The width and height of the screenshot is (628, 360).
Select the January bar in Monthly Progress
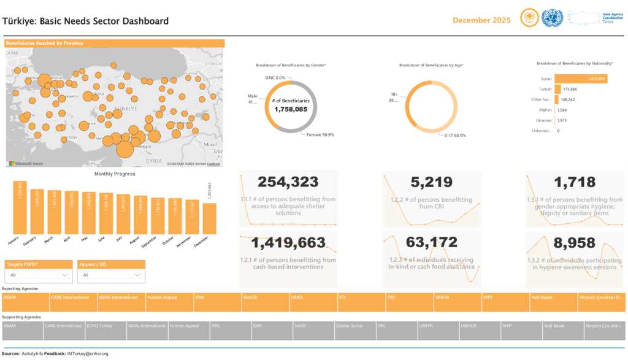click(20, 209)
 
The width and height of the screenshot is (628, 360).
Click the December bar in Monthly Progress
click(209, 218)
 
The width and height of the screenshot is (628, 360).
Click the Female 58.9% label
click(320, 135)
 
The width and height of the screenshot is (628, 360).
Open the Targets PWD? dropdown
click(39, 275)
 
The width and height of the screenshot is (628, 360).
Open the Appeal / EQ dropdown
click(111, 275)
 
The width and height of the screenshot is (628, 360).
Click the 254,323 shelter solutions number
click(288, 182)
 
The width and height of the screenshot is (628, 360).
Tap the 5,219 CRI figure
click(431, 182)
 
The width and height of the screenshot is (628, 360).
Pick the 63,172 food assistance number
click(431, 242)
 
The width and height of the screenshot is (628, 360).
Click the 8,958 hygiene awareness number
click(574, 242)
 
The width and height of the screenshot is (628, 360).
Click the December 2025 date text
click(481, 20)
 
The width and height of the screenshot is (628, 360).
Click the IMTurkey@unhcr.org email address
click(88, 354)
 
